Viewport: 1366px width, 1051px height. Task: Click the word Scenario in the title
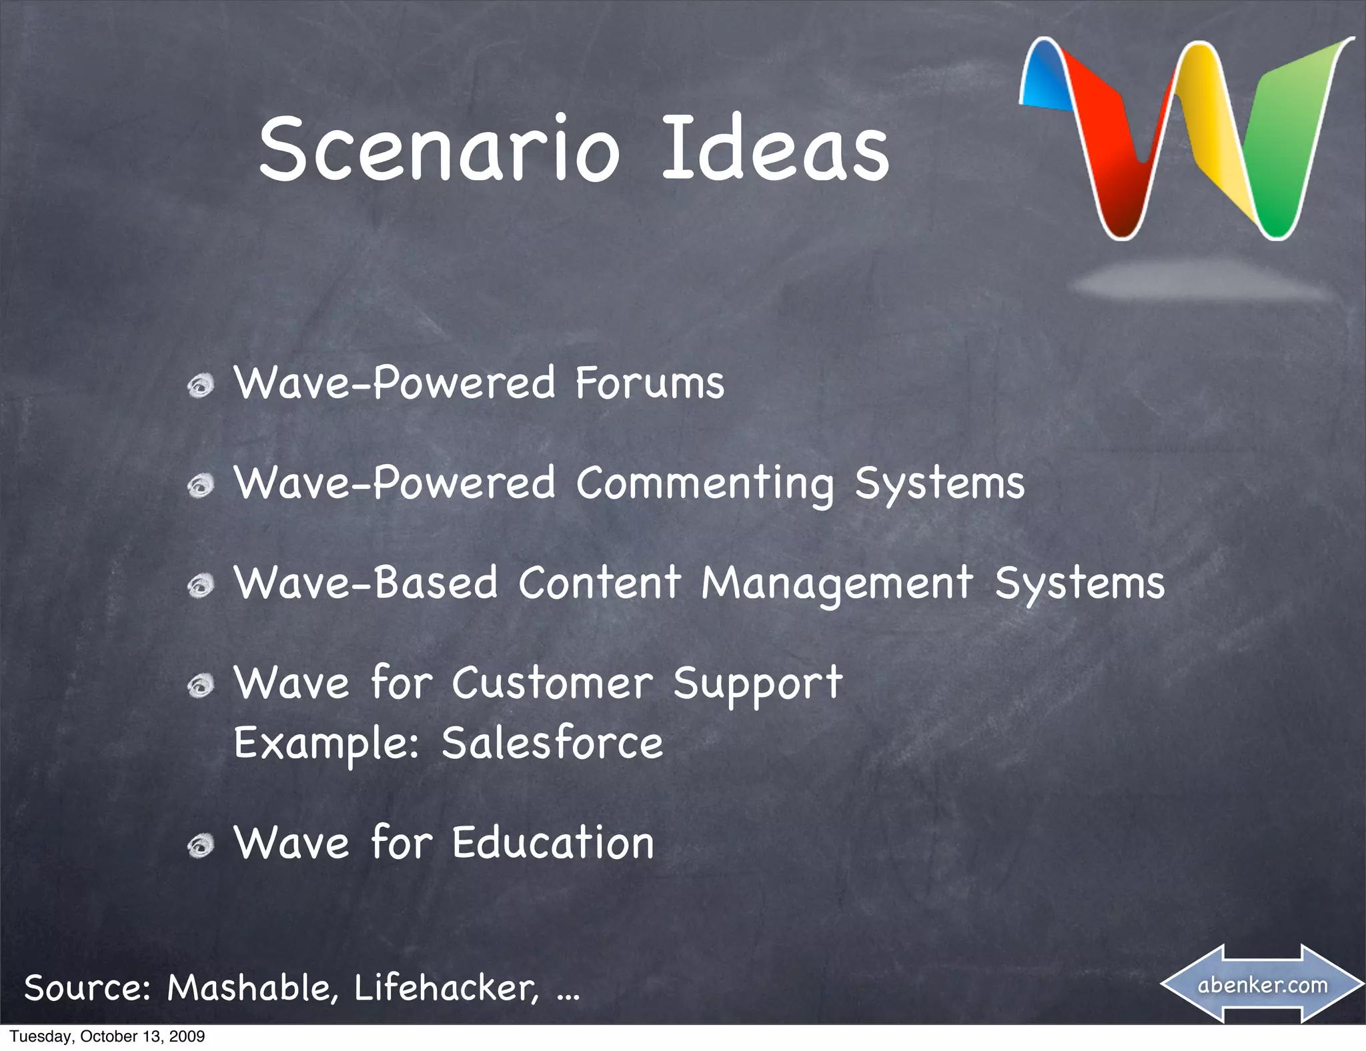click(440, 149)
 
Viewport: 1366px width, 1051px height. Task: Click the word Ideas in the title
click(775, 149)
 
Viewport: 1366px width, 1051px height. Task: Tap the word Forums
click(649, 383)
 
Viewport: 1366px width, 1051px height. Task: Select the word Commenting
click(704, 484)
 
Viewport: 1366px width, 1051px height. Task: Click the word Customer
click(552, 684)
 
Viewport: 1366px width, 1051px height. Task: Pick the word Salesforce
click(552, 743)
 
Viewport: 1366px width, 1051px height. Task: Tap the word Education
click(553, 843)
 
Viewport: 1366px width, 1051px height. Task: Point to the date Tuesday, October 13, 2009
click(107, 1036)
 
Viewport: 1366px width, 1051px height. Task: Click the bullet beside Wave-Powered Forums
click(200, 386)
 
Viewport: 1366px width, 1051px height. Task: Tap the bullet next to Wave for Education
click(200, 846)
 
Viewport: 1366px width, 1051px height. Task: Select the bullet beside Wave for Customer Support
click(200, 686)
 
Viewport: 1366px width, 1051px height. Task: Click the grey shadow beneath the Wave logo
click(1201, 280)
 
